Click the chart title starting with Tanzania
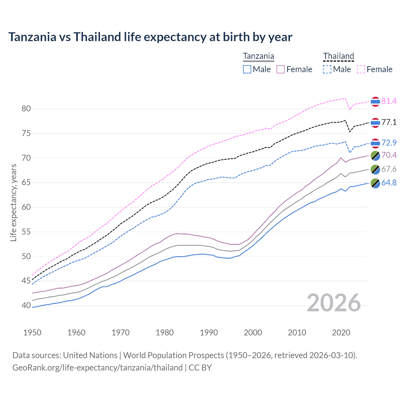(150, 37)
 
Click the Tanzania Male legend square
(247, 69)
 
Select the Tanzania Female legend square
(281, 69)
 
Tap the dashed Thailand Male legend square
(327, 69)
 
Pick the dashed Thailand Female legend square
(361, 69)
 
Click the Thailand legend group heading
(338, 56)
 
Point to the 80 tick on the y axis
(26, 109)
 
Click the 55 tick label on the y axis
(26, 232)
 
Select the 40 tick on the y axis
(26, 306)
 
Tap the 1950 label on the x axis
(32, 333)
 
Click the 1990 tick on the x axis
(209, 333)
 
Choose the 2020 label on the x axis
(341, 333)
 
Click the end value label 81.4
(389, 101)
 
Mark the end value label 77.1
(389, 122)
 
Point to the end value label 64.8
(389, 183)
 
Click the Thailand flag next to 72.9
(375, 143)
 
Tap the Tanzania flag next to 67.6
(375, 169)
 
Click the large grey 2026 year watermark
(333, 303)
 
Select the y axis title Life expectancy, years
(13, 202)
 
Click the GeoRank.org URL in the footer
(97, 368)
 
